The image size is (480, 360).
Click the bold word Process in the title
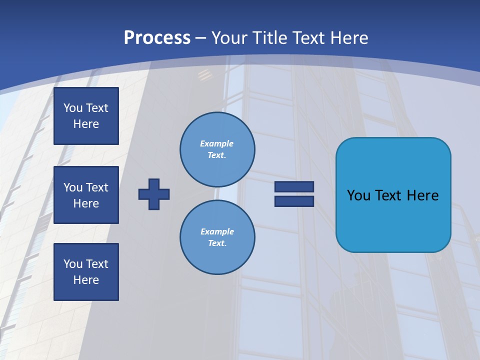tap(157, 38)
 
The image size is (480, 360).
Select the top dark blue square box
tap(86, 116)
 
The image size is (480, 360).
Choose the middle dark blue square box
tap(86, 195)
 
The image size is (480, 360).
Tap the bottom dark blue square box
tap(86, 272)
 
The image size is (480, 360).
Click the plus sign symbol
tap(154, 194)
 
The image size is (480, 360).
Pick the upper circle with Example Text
tap(217, 149)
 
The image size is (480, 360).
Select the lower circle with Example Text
tap(217, 237)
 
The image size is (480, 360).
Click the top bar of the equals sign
tap(294, 186)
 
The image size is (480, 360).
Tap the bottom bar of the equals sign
tap(294, 201)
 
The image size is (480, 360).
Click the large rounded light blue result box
tap(393, 195)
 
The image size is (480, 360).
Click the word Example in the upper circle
tap(216, 143)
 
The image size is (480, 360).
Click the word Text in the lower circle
tap(216, 243)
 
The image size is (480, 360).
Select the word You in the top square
tap(72, 108)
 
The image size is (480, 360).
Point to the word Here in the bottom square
tap(86, 280)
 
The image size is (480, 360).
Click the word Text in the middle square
tap(97, 187)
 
